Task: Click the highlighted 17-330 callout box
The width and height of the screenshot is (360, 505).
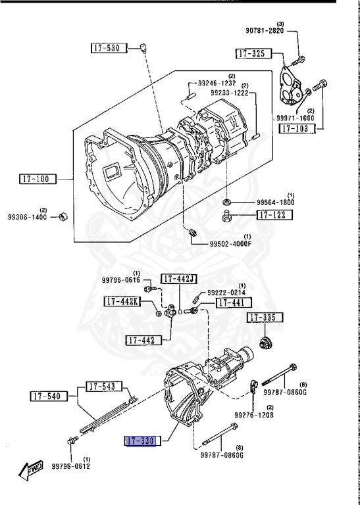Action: click(x=141, y=441)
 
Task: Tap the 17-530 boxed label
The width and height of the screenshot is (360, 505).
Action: click(x=109, y=48)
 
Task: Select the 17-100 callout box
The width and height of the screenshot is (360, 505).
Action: click(x=38, y=179)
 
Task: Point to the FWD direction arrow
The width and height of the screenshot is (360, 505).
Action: click(x=31, y=471)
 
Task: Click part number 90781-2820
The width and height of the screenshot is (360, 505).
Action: click(x=265, y=31)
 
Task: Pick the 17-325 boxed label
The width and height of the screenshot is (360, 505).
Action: click(x=253, y=53)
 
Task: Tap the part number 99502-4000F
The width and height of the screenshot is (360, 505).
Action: click(x=230, y=244)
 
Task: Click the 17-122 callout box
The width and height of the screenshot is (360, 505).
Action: click(x=274, y=215)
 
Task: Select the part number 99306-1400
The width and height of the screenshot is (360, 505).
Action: click(x=28, y=217)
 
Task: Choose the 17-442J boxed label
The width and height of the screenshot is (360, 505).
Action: click(x=179, y=279)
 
